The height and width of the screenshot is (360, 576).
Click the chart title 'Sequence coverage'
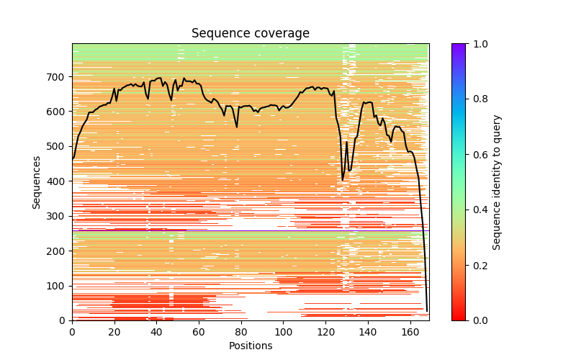click(250, 33)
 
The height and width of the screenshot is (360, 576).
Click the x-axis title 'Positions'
click(250, 346)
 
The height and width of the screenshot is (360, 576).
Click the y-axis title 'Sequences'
click(37, 181)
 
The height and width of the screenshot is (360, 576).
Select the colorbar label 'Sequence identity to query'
click(497, 181)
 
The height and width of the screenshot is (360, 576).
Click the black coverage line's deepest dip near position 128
click(343, 179)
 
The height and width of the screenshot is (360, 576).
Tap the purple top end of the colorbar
click(459, 46)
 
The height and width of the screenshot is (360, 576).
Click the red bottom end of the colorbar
click(459, 318)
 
